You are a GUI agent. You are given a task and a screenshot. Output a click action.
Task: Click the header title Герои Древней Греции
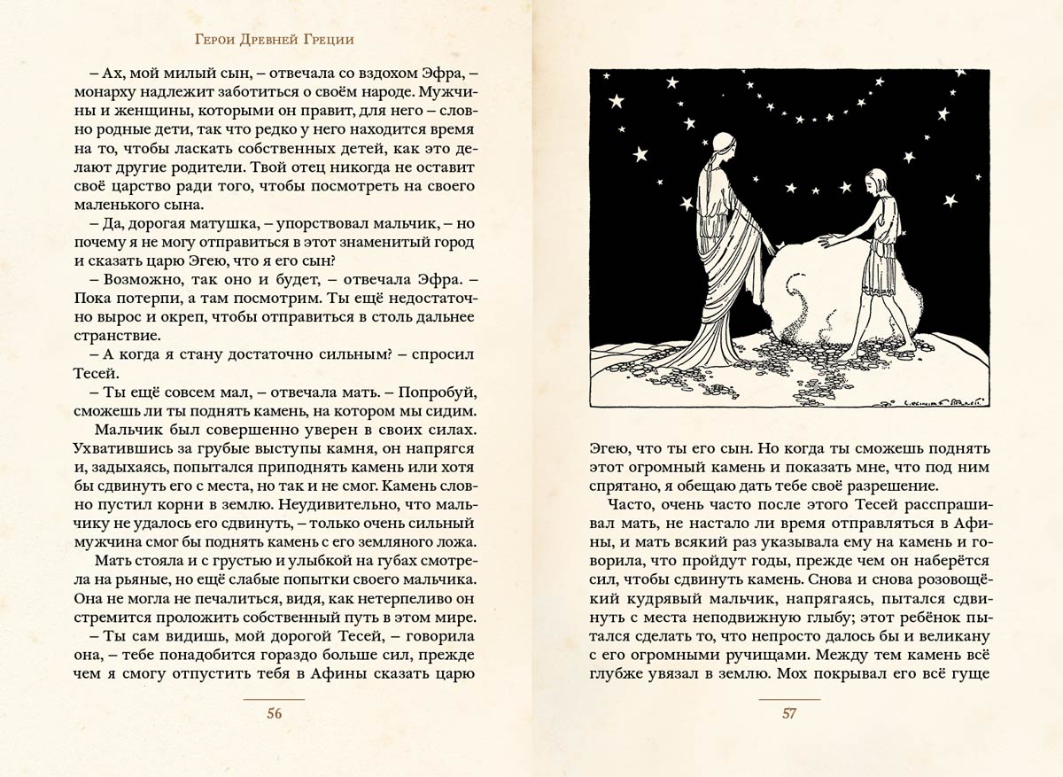[x=278, y=41]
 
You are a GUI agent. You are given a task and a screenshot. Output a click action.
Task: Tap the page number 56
[x=274, y=715]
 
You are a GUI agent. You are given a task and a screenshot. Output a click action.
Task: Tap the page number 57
[x=789, y=715]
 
